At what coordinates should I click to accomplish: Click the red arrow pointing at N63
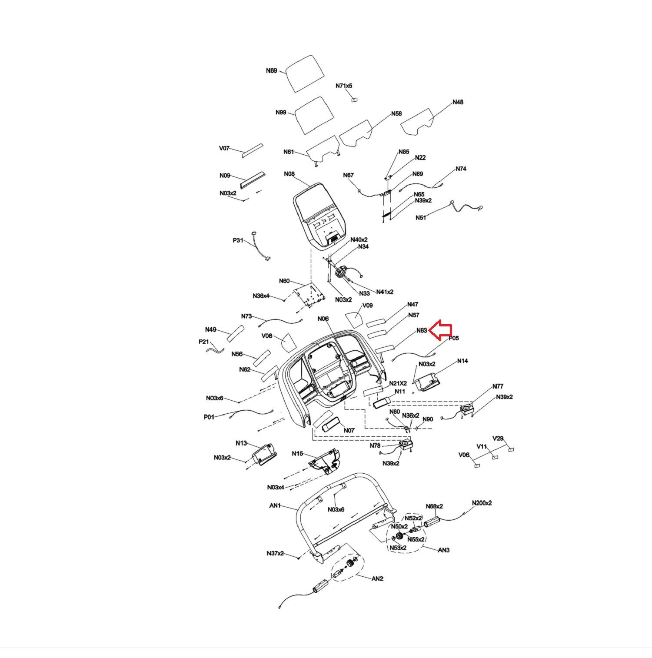[x=440, y=330]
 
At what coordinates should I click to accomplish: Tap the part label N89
[x=271, y=70]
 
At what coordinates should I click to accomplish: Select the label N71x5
[x=344, y=86]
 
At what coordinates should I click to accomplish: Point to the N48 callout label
[x=458, y=102]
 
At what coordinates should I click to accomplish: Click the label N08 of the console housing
[x=289, y=174]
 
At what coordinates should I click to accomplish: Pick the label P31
[x=238, y=240]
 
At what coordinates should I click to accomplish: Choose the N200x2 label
[x=482, y=503]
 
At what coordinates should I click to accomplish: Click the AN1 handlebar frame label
[x=275, y=506]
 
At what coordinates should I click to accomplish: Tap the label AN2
[x=377, y=578]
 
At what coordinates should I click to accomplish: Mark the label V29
[x=498, y=438]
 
